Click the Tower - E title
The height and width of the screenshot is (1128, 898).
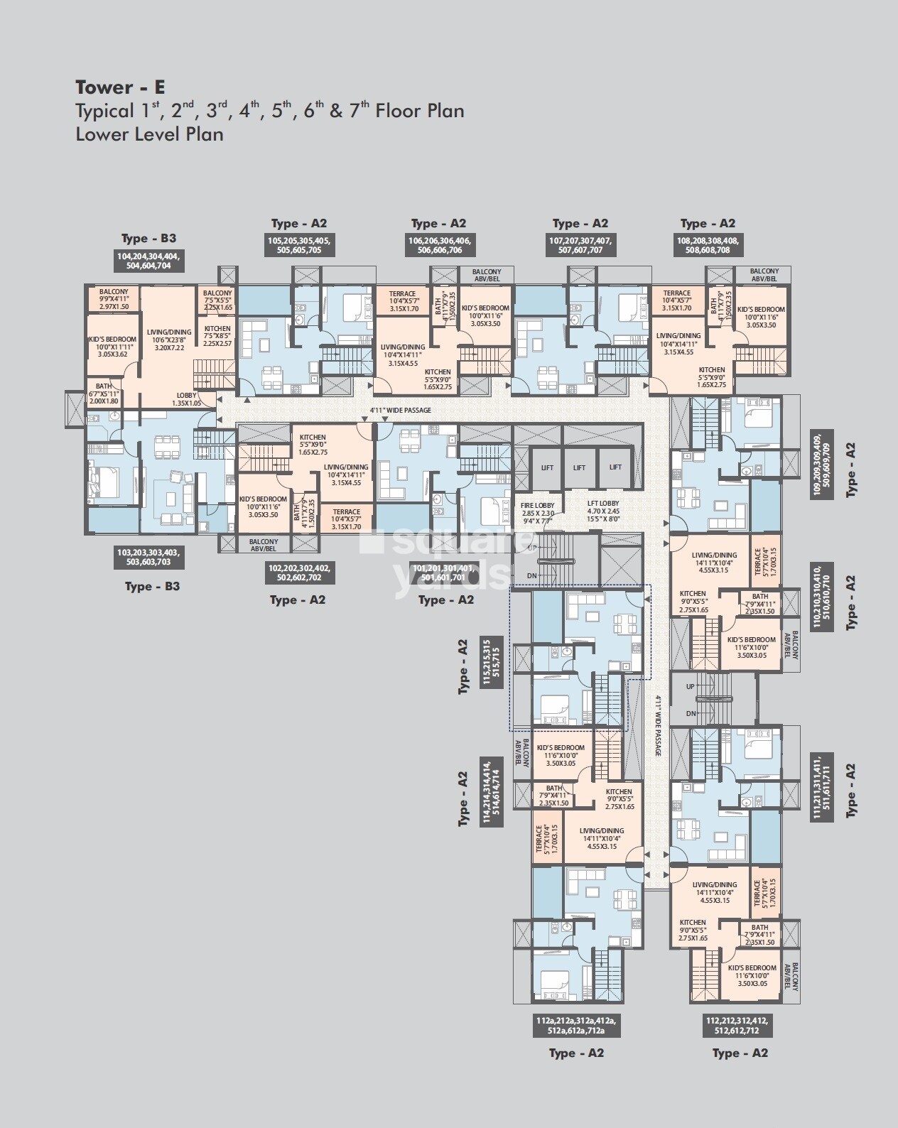(120, 87)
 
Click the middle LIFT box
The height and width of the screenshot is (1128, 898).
(579, 467)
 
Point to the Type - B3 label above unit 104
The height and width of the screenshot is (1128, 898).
(148, 239)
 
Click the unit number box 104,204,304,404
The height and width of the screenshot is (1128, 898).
(148, 261)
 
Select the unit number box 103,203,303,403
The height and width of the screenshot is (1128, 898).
(148, 556)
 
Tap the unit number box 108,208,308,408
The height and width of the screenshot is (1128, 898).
(708, 245)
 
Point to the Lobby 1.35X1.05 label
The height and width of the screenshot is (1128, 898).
(187, 399)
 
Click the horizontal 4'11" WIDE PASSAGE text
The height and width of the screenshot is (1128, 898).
(400, 411)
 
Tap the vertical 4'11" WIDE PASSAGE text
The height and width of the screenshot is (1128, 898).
(659, 725)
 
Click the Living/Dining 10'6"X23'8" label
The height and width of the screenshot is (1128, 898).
(169, 340)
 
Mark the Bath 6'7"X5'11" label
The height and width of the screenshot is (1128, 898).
(104, 394)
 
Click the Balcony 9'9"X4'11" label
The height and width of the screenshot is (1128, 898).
(114, 299)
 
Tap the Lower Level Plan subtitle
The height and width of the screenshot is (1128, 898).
(149, 134)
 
